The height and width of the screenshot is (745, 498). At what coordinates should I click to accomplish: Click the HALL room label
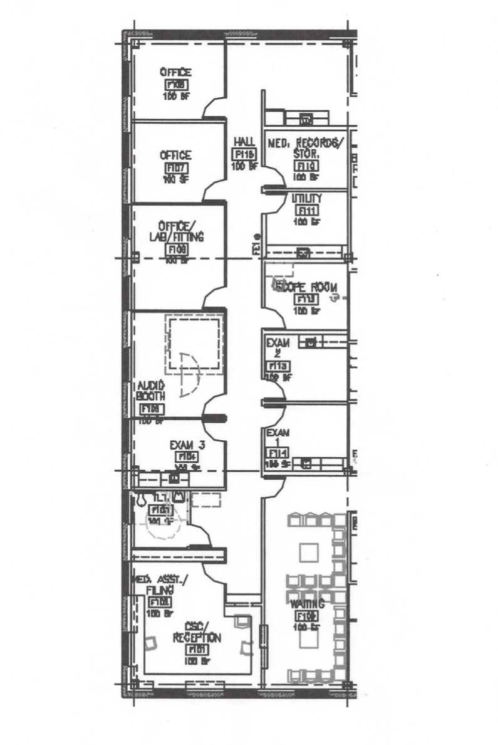(x=242, y=142)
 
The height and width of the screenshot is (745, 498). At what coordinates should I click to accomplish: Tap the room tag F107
(x=175, y=168)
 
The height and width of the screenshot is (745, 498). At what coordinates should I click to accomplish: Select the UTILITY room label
(x=307, y=199)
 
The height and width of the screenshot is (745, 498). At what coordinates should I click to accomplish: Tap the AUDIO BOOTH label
(x=151, y=391)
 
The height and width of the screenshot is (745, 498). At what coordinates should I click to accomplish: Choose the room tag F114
(x=277, y=453)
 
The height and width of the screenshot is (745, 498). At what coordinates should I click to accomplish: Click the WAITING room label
(x=307, y=605)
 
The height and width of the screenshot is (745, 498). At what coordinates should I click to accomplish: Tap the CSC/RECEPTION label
(x=197, y=633)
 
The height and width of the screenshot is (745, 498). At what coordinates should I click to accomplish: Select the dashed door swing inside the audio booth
(x=188, y=374)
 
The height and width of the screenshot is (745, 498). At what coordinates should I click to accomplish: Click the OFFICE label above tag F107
(x=175, y=155)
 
